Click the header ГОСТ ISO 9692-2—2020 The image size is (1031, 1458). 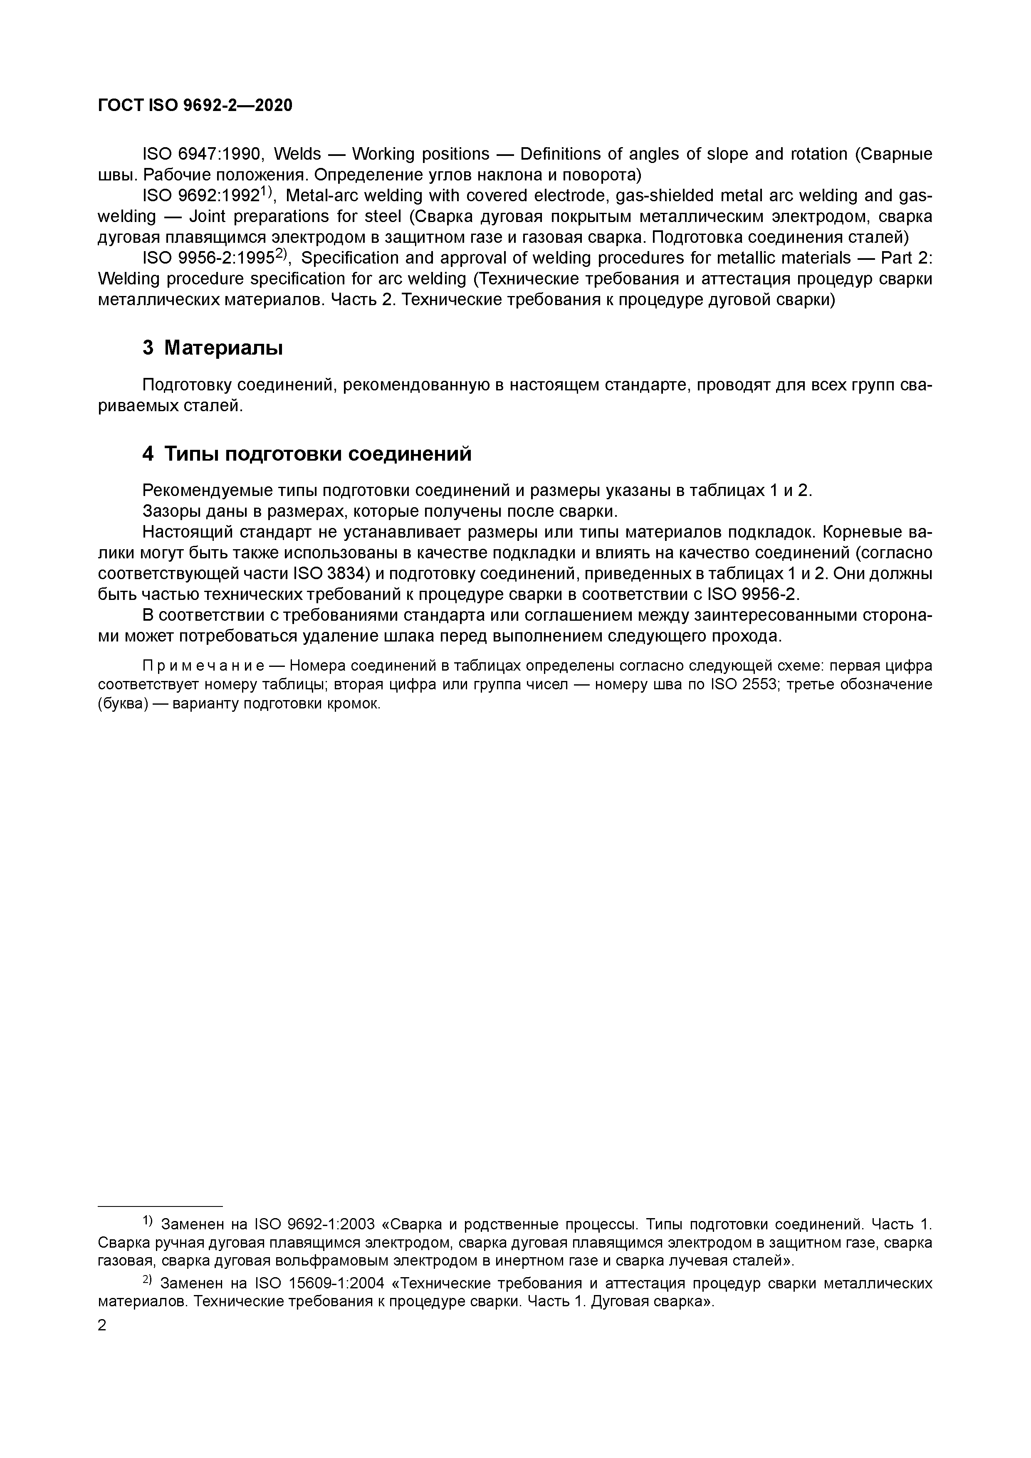[x=195, y=106]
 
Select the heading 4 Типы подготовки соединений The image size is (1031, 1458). [x=307, y=454]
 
